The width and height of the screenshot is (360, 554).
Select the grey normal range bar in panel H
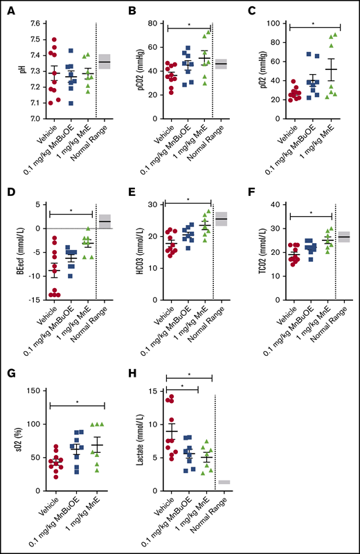[225, 481]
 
